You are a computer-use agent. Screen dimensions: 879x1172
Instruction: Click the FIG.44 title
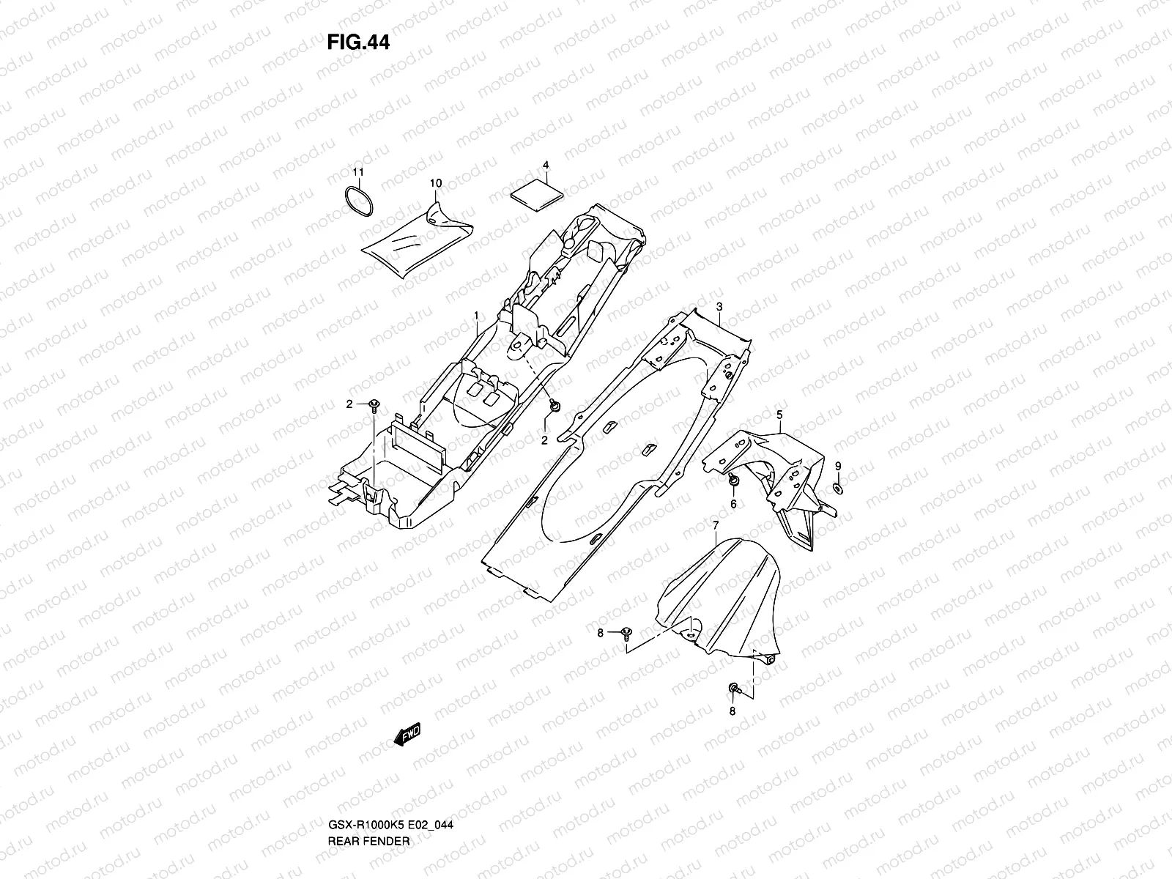[x=358, y=42]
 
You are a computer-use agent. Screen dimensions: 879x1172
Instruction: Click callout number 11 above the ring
[x=357, y=172]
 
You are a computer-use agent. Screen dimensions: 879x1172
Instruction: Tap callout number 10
[x=436, y=182]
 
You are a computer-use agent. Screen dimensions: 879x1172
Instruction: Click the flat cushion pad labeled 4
[x=537, y=194]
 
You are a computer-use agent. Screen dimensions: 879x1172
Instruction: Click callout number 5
[x=779, y=415]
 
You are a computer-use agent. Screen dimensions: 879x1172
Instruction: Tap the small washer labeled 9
[x=837, y=488]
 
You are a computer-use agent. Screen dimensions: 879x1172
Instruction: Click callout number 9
[x=839, y=466]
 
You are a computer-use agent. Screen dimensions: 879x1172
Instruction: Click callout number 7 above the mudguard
[x=715, y=525]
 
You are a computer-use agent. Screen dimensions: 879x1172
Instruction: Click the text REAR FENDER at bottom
[x=368, y=800]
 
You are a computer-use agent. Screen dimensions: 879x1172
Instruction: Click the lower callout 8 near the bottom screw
[x=732, y=711]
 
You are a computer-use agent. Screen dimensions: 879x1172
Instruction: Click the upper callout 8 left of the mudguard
[x=600, y=634]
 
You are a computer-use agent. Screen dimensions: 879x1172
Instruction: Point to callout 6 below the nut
[x=732, y=504]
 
